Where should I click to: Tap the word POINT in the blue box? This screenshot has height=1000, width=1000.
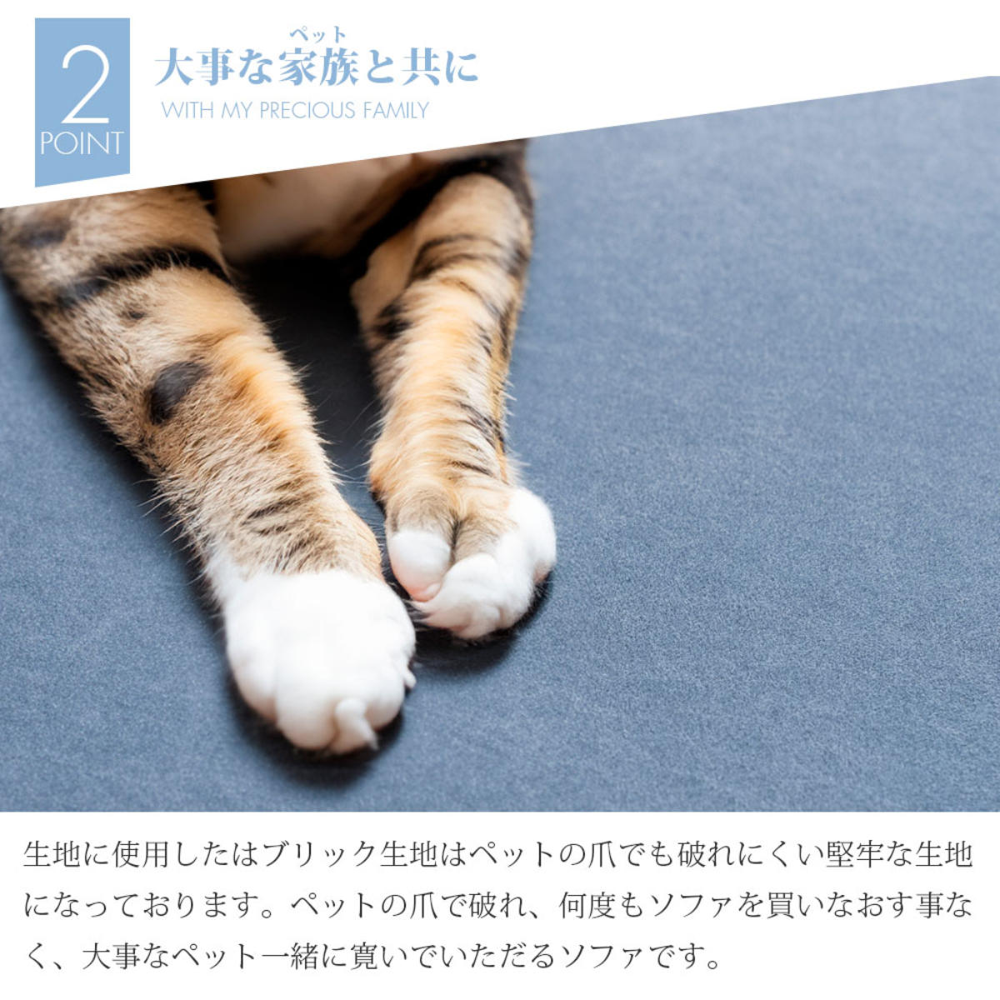pos(82,143)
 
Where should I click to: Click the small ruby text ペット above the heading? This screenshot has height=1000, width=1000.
pos(317,35)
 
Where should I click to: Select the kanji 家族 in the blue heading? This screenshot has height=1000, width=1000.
pos(318,68)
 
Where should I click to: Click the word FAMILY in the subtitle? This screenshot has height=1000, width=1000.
pos(396,111)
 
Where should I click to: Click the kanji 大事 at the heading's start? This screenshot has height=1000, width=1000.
pos(193,68)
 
